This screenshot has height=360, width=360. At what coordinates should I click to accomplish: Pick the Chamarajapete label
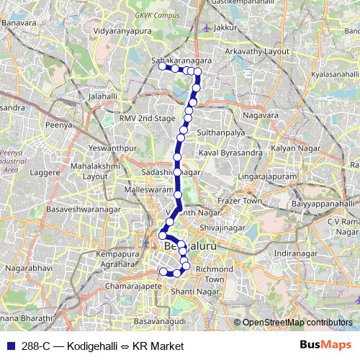coord(134,285)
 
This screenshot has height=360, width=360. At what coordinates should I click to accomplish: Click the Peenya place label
coord(60,125)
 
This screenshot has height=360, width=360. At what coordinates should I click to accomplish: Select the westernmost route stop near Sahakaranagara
coord(161,67)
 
